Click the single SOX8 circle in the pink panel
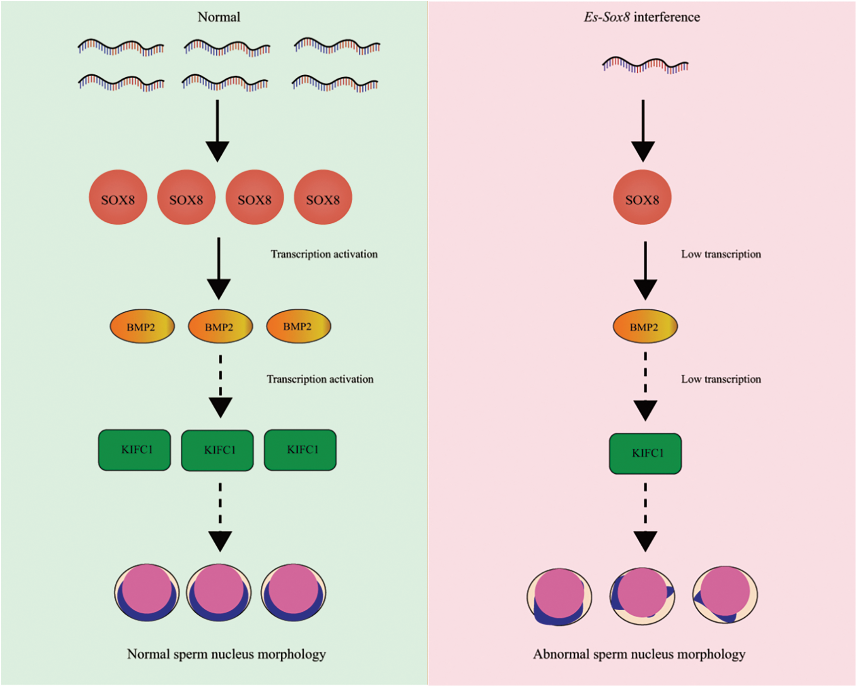click(642, 197)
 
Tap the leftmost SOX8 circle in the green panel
click(118, 197)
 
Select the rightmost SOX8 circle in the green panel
click(322, 197)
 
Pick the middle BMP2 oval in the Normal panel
click(220, 326)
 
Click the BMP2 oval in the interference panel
click(645, 326)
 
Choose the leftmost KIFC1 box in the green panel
click(135, 450)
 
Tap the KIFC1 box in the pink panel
click(645, 453)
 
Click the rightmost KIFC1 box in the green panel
click(300, 450)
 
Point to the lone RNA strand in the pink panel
click(645, 65)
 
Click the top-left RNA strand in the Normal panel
click(121, 47)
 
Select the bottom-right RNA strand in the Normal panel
click(335, 84)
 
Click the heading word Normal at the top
click(219, 17)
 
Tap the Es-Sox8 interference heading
click(642, 17)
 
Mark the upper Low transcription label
click(721, 254)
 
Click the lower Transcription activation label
click(320, 379)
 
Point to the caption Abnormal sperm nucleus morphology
click(639, 654)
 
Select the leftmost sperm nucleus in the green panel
click(147, 592)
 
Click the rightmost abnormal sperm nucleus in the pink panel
click(725, 595)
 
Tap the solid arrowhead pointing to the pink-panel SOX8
click(643, 151)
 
